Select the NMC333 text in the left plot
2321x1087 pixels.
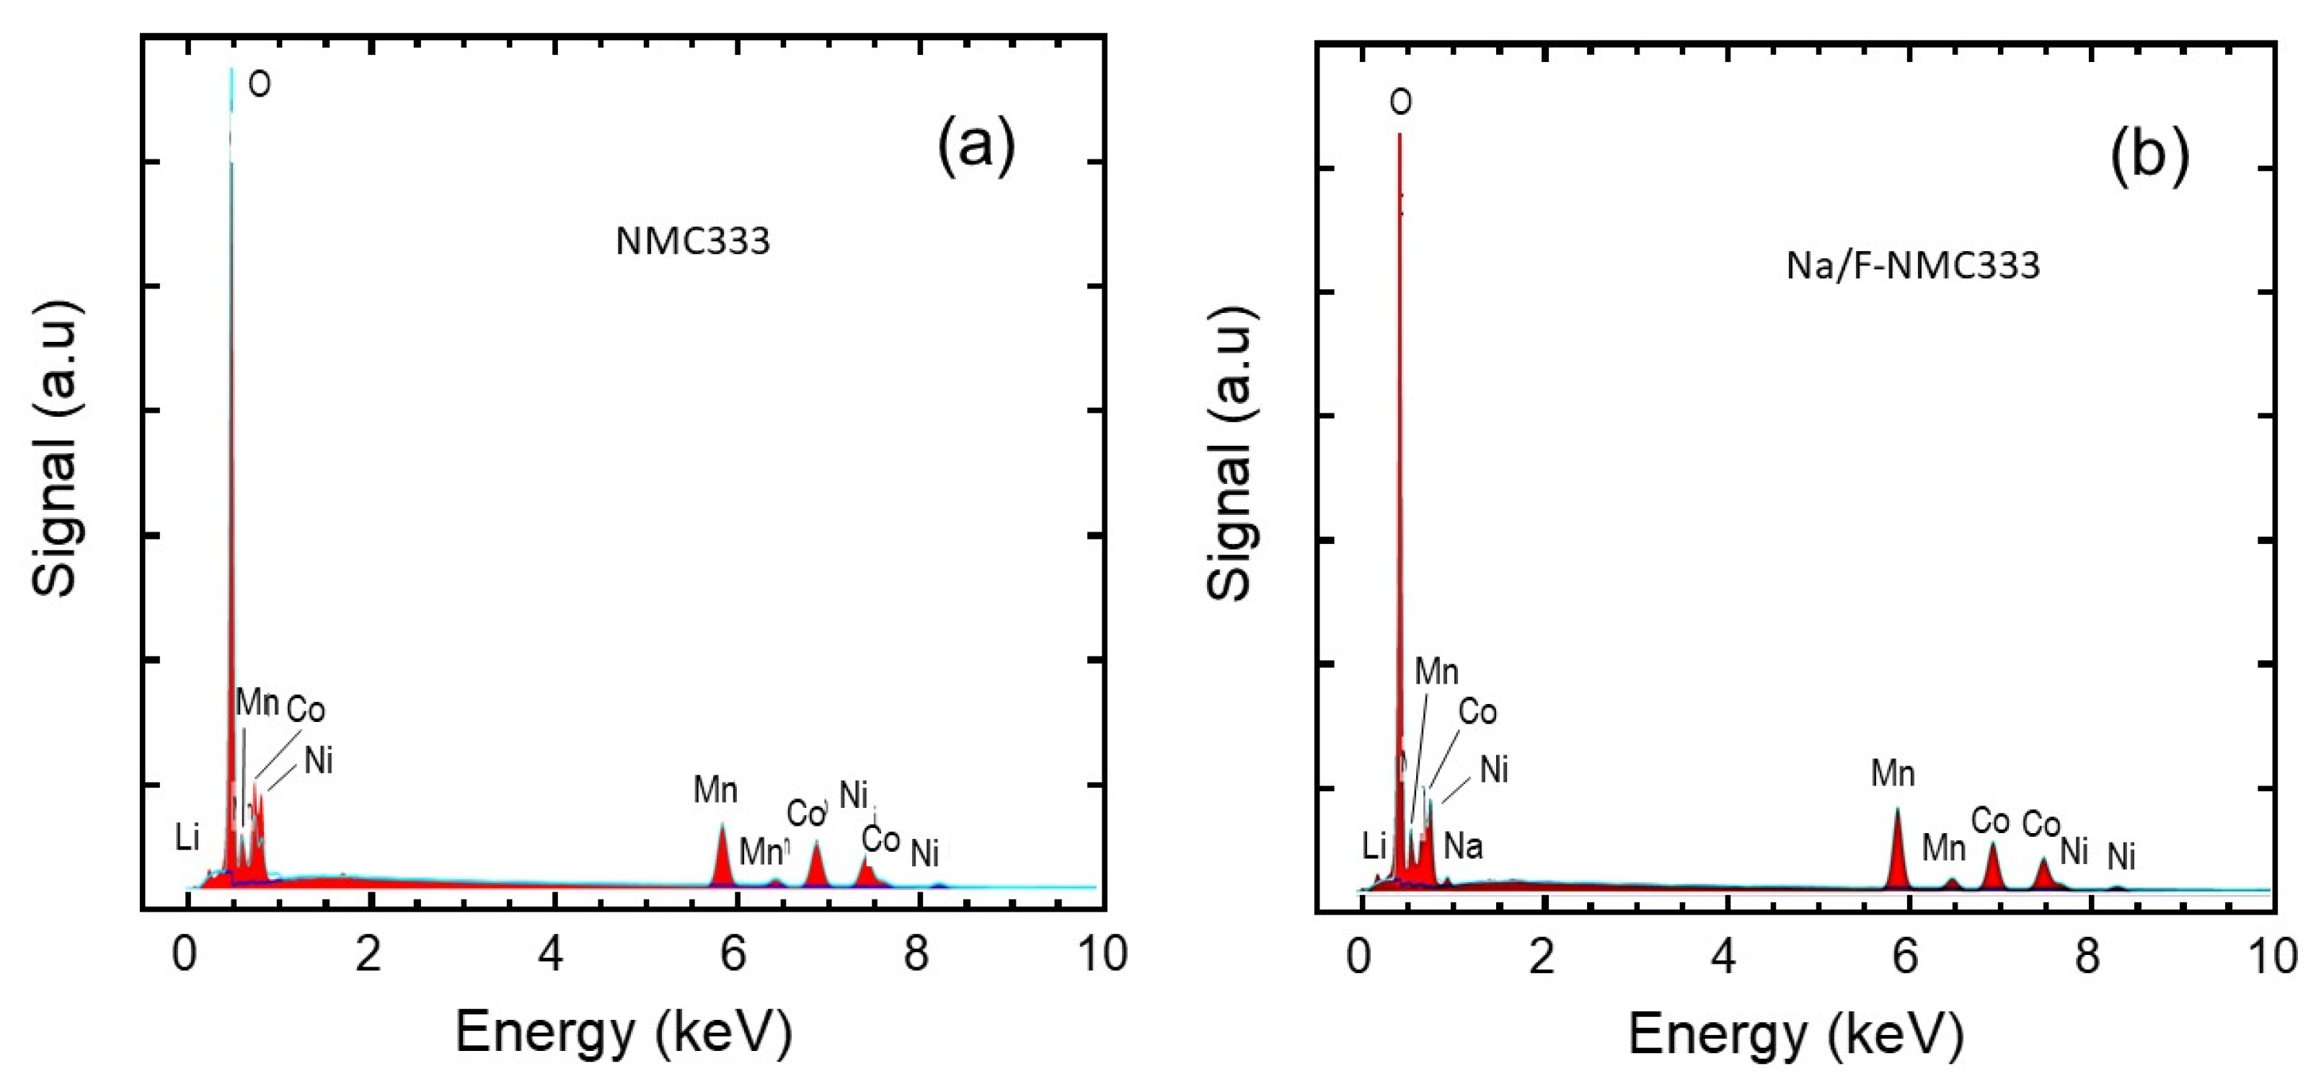[693, 242]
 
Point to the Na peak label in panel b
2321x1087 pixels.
[1463, 848]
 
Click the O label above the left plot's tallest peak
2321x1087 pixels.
[260, 84]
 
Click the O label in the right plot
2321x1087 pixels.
[1400, 102]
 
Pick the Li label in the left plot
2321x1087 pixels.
[187, 838]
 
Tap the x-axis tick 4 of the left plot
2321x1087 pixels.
[551, 954]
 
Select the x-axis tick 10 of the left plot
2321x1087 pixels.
[1102, 954]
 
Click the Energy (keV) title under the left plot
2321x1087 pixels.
[624, 1033]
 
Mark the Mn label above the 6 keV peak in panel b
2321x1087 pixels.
[1892, 773]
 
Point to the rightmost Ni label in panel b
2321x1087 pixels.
[2121, 857]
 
